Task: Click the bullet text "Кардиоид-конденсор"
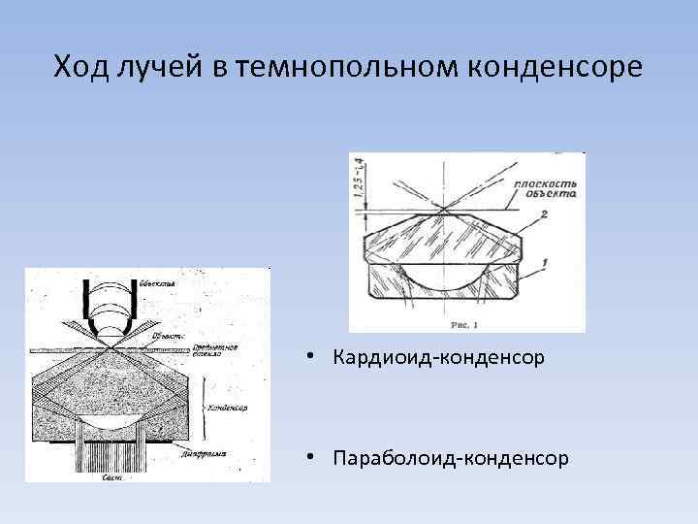pos(437,359)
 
